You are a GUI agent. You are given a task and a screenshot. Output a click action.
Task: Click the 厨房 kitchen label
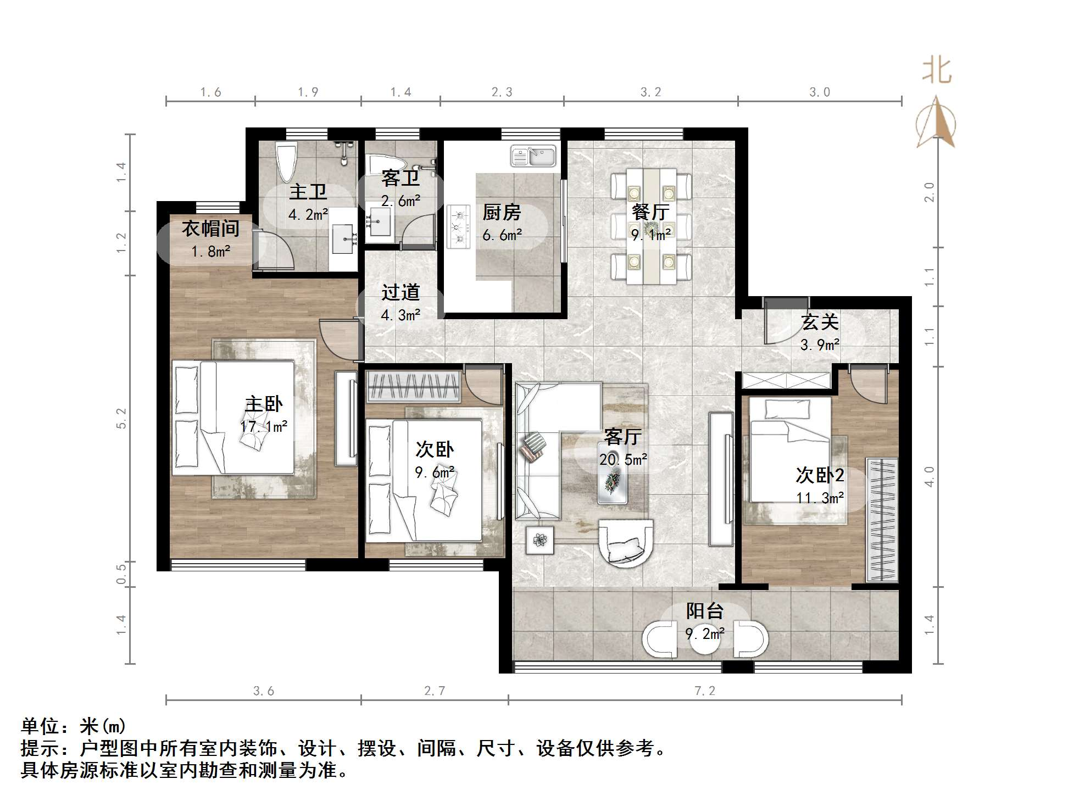(x=501, y=212)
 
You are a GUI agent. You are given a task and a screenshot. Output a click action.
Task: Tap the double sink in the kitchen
(x=532, y=156)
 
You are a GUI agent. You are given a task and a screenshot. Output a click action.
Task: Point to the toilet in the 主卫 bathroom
(x=286, y=162)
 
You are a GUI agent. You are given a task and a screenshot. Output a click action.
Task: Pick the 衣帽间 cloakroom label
(x=210, y=229)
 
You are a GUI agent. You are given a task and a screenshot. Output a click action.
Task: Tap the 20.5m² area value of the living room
(x=622, y=460)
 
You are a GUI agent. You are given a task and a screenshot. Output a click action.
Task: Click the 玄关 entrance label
(x=820, y=322)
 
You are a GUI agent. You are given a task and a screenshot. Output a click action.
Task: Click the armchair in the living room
(x=626, y=543)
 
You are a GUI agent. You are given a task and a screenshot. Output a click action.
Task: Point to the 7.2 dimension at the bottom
(x=705, y=691)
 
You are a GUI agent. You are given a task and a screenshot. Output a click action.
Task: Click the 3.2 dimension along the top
(x=650, y=92)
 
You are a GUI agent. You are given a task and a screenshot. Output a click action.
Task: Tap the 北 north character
(x=936, y=71)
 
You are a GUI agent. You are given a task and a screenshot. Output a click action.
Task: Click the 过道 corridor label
(x=400, y=292)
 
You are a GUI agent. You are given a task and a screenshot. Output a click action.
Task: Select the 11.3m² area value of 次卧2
(x=820, y=498)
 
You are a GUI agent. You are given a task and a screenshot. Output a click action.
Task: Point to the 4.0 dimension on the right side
(x=929, y=476)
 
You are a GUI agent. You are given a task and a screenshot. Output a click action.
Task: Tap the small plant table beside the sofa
(x=539, y=540)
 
